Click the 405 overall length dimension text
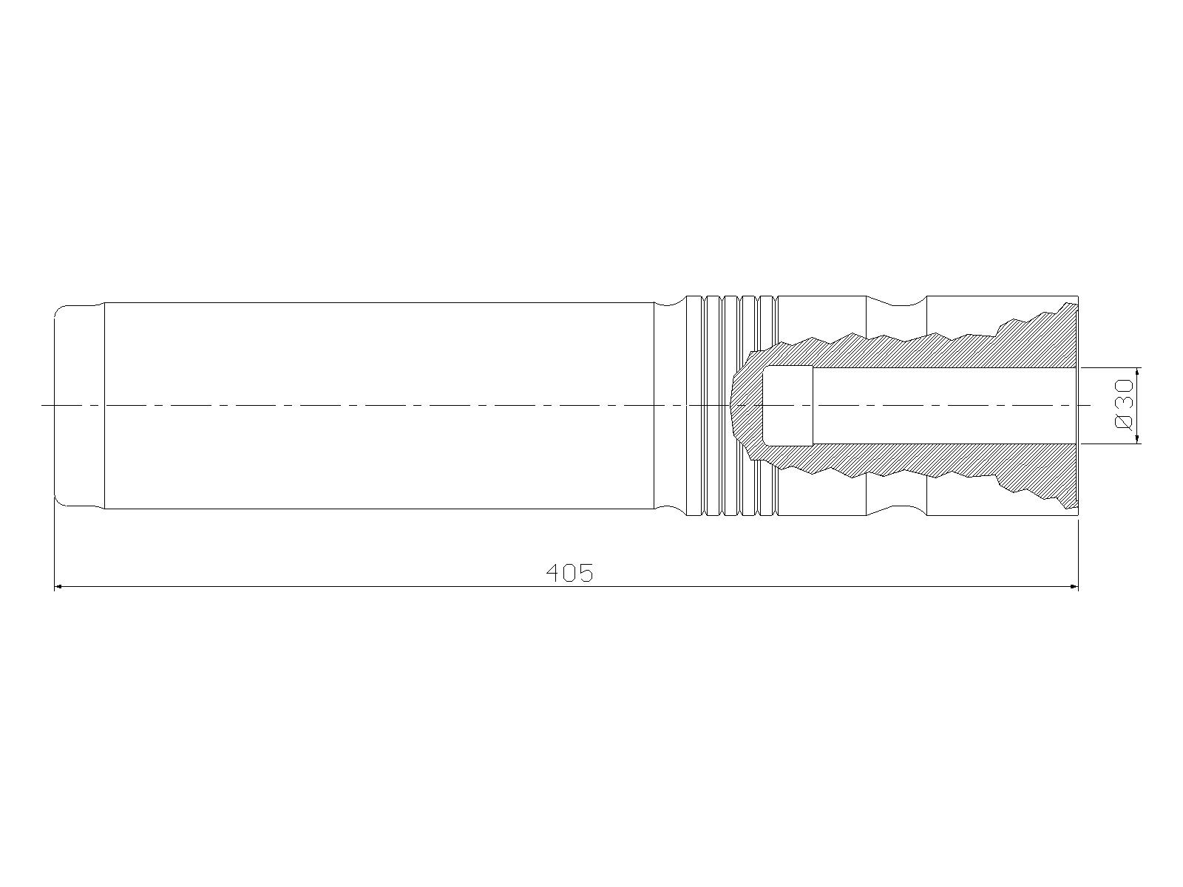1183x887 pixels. coord(569,573)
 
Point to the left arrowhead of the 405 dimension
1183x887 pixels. coord(61,586)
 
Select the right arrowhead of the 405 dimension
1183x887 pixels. coord(1072,586)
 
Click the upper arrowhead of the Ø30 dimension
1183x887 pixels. coord(1138,374)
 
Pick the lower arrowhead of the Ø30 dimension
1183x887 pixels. coord(1138,438)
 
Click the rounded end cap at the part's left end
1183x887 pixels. coord(78,406)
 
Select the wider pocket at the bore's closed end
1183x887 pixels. coord(787,406)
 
